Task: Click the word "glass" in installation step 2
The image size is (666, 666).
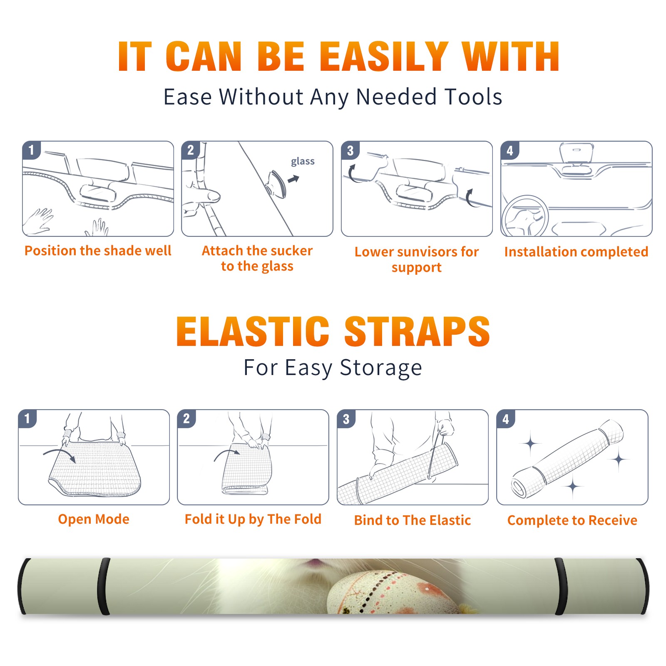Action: pos(303,162)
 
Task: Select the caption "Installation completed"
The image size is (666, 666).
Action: pos(576,251)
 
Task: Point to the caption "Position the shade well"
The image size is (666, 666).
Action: pos(98,251)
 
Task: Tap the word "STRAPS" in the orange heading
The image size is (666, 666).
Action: pos(417,331)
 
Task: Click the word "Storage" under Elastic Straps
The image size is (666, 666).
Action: pos(381,368)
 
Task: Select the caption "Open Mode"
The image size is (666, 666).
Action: pos(94,519)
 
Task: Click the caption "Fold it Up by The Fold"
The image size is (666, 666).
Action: pos(253,519)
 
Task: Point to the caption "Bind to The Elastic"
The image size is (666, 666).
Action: pos(412,520)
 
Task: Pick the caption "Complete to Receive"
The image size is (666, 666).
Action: pos(572,520)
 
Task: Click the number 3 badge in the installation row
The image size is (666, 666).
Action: pos(350,150)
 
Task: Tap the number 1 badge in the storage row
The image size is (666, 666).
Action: pos(27,418)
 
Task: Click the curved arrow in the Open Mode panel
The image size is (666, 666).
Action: pos(60,452)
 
